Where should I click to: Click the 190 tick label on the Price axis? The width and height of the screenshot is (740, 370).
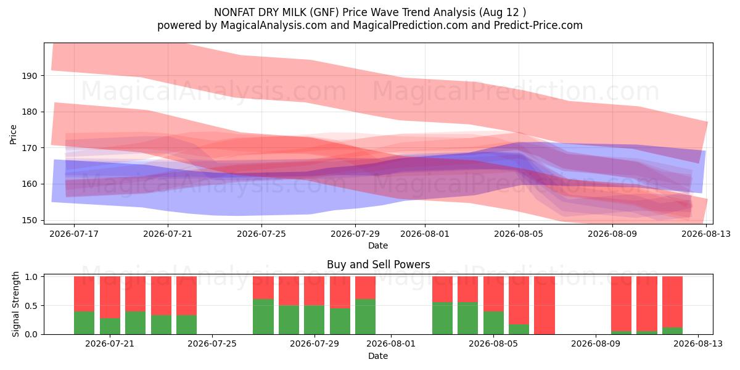30,76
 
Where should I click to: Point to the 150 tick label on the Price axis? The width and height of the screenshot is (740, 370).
30,220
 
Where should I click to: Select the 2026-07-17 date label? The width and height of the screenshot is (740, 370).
74,234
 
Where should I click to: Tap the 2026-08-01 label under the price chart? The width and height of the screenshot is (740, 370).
425,234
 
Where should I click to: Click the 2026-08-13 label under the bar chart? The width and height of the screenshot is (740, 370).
698,344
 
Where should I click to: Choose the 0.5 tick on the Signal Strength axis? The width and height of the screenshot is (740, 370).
31,306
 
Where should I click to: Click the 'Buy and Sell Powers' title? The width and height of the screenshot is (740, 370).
378,265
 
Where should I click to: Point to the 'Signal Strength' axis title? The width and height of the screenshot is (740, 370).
15,304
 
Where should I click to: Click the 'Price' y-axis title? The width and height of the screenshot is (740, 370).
13,134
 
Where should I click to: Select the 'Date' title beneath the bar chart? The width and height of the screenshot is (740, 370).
378,356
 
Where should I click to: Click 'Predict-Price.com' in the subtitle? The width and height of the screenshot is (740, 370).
538,25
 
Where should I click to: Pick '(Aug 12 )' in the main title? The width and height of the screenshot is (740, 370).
502,12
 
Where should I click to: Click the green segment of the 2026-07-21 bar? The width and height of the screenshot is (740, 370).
110,326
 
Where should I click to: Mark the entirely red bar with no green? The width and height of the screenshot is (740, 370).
545,305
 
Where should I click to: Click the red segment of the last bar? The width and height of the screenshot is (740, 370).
672,302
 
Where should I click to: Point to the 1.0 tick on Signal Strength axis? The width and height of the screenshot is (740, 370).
31,277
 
